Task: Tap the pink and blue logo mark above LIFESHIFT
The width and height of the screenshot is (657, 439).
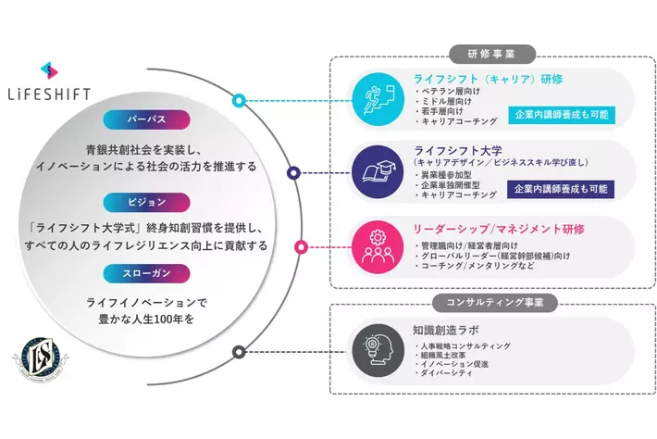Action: [51, 70]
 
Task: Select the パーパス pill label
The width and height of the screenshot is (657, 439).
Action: [159, 119]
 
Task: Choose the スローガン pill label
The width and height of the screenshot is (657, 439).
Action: [159, 274]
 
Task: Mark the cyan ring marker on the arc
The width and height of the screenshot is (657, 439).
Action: [239, 100]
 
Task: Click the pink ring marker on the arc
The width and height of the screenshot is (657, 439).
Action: [301, 246]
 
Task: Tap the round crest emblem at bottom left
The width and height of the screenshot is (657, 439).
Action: [43, 357]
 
